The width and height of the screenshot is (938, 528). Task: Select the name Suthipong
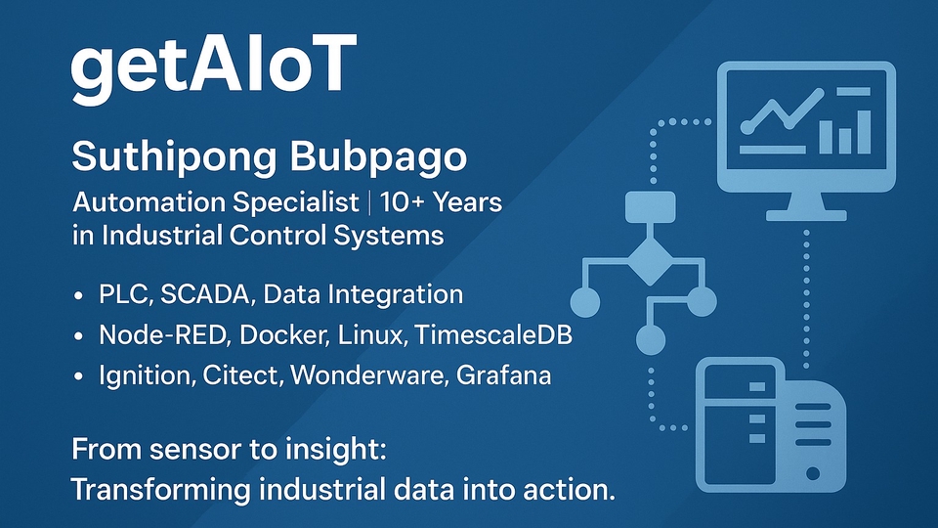174,157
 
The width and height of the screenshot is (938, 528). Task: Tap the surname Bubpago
378,157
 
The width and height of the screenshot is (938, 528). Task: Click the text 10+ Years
441,202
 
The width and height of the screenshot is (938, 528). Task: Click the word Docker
284,334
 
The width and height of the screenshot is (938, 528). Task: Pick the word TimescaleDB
493,334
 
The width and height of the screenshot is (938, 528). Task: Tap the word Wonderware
368,375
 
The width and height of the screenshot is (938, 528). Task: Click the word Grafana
503,375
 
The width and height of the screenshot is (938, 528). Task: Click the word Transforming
160,490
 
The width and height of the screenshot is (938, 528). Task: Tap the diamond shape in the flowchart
650,261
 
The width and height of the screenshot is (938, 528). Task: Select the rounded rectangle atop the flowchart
651,207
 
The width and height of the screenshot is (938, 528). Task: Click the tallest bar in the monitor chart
863,132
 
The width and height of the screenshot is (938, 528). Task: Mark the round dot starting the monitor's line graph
746,127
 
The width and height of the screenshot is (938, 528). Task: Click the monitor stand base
806,215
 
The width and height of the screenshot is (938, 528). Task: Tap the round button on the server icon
812,473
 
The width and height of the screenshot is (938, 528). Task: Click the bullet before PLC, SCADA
78,295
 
